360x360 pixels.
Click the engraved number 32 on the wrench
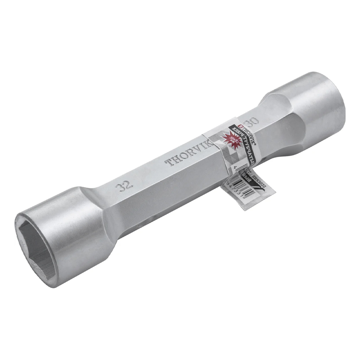pos(121,186)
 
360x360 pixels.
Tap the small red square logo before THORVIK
pos(241,126)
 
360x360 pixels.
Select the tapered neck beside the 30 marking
pos(265,112)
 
